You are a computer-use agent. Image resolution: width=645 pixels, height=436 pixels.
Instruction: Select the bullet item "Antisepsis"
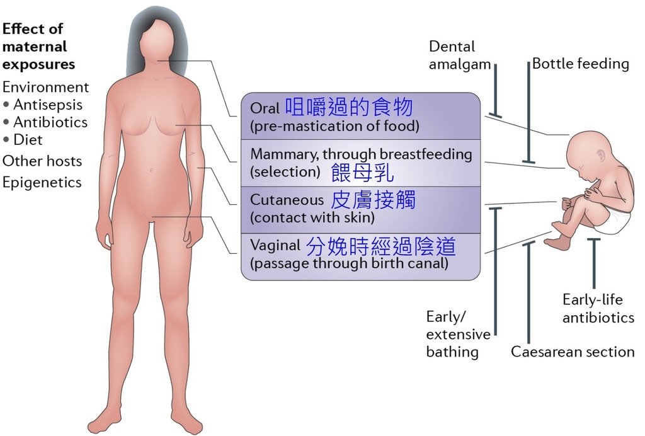pyautogui.click(x=48, y=105)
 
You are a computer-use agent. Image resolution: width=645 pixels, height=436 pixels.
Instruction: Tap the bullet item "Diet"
pyautogui.click(x=28, y=140)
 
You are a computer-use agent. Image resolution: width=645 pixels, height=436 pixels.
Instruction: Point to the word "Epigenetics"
pyautogui.click(x=42, y=183)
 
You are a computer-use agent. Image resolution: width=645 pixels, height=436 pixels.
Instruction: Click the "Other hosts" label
pyautogui.click(x=42, y=161)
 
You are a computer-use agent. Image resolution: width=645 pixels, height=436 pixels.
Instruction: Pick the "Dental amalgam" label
pyautogui.click(x=452, y=55)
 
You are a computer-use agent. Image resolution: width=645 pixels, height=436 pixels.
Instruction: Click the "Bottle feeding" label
pyautogui.click(x=580, y=64)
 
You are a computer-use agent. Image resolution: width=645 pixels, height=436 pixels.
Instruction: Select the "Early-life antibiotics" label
pyautogui.click(x=597, y=309)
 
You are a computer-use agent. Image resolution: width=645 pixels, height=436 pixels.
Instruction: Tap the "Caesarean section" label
pyautogui.click(x=572, y=352)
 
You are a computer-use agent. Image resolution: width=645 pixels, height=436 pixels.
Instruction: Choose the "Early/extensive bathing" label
pyautogui.click(x=457, y=334)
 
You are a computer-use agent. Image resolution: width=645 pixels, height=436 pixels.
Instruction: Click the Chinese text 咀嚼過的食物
pyautogui.click(x=349, y=107)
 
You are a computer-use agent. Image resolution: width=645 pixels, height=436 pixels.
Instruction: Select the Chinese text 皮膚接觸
pyautogui.click(x=374, y=200)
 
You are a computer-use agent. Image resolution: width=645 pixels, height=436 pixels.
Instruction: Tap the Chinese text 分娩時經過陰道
pyautogui.click(x=381, y=246)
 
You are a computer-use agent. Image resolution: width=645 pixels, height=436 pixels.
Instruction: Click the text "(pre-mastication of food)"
pyautogui.click(x=334, y=126)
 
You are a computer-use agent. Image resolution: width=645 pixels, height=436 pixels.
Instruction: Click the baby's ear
pyautogui.click(x=601, y=152)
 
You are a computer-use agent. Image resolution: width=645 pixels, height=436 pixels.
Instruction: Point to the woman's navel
pyautogui.click(x=152, y=170)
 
